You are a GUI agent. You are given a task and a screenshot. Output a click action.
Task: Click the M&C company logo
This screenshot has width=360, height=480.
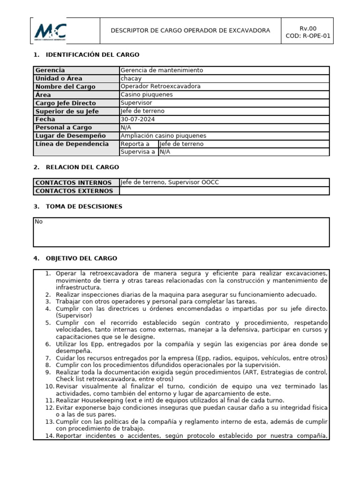click(x=50, y=31)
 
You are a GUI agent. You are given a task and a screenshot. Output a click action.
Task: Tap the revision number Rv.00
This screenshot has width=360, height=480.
click(x=308, y=28)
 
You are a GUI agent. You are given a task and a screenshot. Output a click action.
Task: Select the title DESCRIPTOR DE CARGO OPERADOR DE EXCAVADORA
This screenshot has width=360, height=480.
click(x=190, y=31)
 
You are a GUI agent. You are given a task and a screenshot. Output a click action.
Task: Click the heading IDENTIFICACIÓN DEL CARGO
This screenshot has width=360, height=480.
click(x=92, y=55)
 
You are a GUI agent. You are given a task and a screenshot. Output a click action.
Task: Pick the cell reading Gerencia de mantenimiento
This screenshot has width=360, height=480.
click(x=162, y=70)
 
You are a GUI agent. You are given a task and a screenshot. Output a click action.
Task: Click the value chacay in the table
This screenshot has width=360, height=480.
click(x=131, y=78)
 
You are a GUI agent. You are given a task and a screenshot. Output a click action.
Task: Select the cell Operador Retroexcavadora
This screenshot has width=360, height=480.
click(x=160, y=87)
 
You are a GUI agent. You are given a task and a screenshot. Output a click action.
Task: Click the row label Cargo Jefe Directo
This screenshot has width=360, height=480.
click(x=66, y=103)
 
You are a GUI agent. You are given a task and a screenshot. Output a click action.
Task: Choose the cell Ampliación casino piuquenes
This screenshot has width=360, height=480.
click(x=163, y=136)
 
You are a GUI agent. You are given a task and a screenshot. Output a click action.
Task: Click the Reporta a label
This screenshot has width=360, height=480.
click(x=135, y=144)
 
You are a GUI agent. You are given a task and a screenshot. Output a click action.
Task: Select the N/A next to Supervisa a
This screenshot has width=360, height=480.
click(x=165, y=152)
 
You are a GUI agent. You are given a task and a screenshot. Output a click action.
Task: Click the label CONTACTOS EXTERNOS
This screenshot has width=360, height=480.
click(x=74, y=191)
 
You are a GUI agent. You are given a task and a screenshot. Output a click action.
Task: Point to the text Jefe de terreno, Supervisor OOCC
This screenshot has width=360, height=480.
click(x=169, y=182)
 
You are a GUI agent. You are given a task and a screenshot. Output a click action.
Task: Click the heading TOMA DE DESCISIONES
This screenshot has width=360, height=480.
click(x=84, y=207)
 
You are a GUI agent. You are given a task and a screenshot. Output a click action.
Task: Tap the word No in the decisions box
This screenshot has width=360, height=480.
click(x=38, y=222)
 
